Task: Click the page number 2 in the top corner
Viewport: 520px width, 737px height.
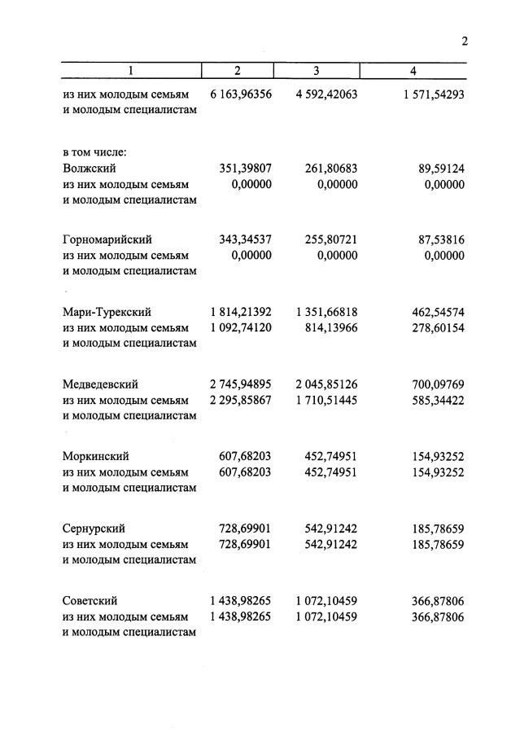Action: click(x=464, y=42)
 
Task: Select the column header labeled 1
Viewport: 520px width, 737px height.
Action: click(x=130, y=71)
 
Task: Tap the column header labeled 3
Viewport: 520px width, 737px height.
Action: click(x=317, y=71)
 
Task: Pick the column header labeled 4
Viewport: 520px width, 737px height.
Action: click(x=413, y=71)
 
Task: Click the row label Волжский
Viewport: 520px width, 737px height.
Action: click(x=89, y=169)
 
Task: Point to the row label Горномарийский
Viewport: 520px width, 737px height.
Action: click(x=107, y=240)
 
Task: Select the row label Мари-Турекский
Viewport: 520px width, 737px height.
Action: click(x=107, y=312)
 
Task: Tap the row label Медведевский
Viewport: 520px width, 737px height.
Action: click(x=100, y=384)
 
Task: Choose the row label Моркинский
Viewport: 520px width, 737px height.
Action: click(x=95, y=456)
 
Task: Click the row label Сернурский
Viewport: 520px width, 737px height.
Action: click(x=94, y=529)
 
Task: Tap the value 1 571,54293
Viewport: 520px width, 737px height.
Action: click(x=433, y=94)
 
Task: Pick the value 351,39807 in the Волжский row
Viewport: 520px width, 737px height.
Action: click(x=245, y=169)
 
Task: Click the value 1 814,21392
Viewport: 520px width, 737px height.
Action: click(x=240, y=312)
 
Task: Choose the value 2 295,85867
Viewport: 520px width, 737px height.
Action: click(x=240, y=400)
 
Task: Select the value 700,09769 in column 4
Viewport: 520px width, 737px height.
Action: click(x=438, y=384)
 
